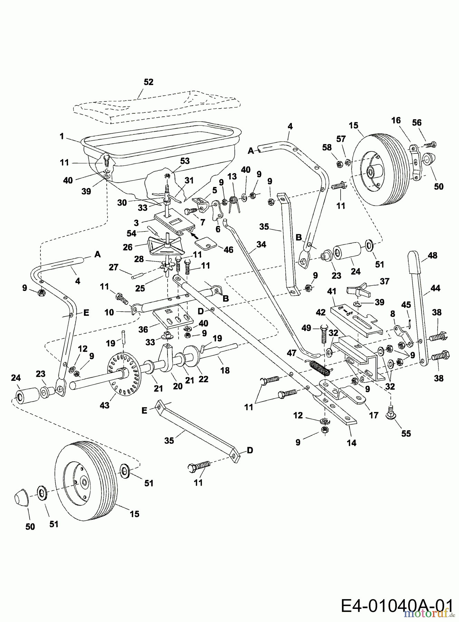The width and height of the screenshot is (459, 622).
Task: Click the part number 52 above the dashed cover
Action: [149, 82]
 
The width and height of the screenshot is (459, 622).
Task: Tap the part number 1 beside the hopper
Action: [61, 136]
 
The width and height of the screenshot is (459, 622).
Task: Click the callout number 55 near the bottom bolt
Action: [406, 433]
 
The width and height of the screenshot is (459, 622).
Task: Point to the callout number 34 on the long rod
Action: [261, 244]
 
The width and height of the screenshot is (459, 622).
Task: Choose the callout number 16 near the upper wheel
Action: [396, 120]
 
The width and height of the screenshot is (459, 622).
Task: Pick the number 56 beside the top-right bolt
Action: [417, 123]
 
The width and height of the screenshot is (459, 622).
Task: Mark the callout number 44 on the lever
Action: [436, 288]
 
